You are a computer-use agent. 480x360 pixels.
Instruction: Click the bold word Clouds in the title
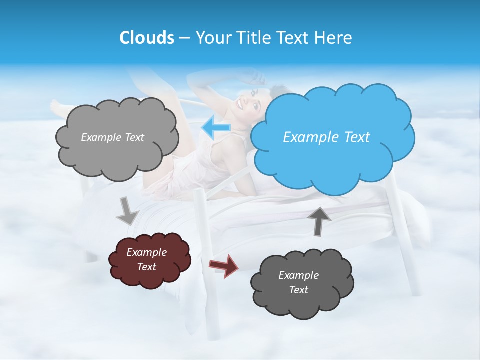(x=146, y=38)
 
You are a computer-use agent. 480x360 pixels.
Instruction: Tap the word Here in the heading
(x=334, y=38)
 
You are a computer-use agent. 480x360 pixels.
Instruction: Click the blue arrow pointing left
(x=216, y=128)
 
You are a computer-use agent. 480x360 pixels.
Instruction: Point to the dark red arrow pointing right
(x=224, y=265)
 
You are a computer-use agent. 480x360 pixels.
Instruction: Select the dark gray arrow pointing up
(x=318, y=220)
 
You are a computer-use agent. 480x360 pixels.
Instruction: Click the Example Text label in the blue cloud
(x=326, y=137)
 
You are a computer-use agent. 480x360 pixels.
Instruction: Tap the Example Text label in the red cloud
(x=146, y=260)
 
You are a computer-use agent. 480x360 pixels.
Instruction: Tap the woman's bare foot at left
(x=59, y=107)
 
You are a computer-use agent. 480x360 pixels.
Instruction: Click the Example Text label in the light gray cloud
(x=112, y=137)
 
